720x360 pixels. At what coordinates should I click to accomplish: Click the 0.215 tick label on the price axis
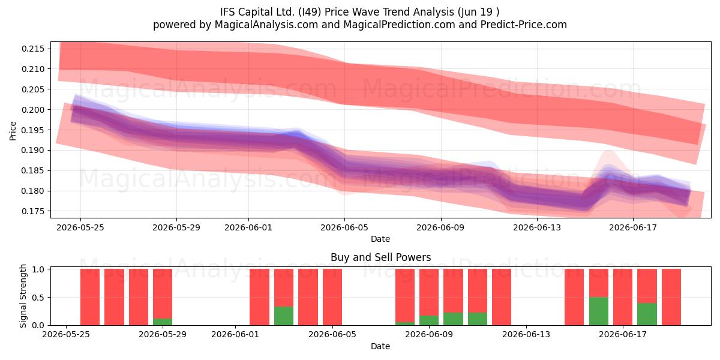click(33, 49)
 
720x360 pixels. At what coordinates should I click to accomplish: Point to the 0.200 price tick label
click(33, 110)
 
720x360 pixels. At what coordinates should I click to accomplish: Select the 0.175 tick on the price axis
click(33, 211)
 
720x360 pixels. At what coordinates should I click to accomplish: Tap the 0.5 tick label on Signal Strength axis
click(38, 298)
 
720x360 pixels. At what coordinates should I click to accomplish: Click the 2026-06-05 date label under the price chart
click(344, 227)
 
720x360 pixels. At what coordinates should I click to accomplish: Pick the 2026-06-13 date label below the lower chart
click(526, 335)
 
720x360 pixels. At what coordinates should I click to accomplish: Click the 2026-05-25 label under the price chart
click(80, 227)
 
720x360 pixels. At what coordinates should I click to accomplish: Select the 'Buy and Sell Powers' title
click(380, 257)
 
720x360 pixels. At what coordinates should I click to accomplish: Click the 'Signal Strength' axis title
click(23, 296)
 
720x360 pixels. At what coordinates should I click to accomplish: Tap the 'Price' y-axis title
click(13, 131)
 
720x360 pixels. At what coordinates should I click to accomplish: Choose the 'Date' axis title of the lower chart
click(380, 346)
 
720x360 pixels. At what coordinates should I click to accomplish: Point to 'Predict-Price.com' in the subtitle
click(524, 25)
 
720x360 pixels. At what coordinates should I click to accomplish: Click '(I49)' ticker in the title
click(310, 12)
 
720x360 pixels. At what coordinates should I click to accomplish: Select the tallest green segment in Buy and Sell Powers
click(599, 311)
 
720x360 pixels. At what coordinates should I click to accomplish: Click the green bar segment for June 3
click(284, 316)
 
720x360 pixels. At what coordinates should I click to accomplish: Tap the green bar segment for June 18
click(647, 314)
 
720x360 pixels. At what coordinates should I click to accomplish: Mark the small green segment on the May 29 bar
click(163, 322)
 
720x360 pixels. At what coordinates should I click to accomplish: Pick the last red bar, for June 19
click(671, 297)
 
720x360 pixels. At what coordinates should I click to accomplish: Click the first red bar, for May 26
click(90, 297)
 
